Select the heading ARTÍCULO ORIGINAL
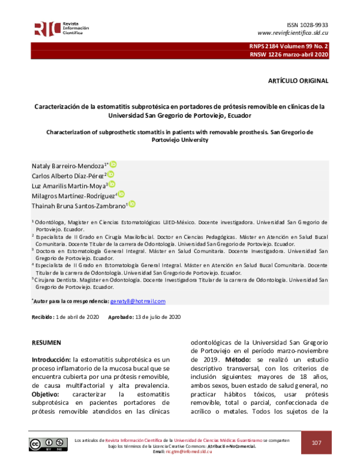point(298,80)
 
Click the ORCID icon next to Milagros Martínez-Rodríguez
point(121,194)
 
